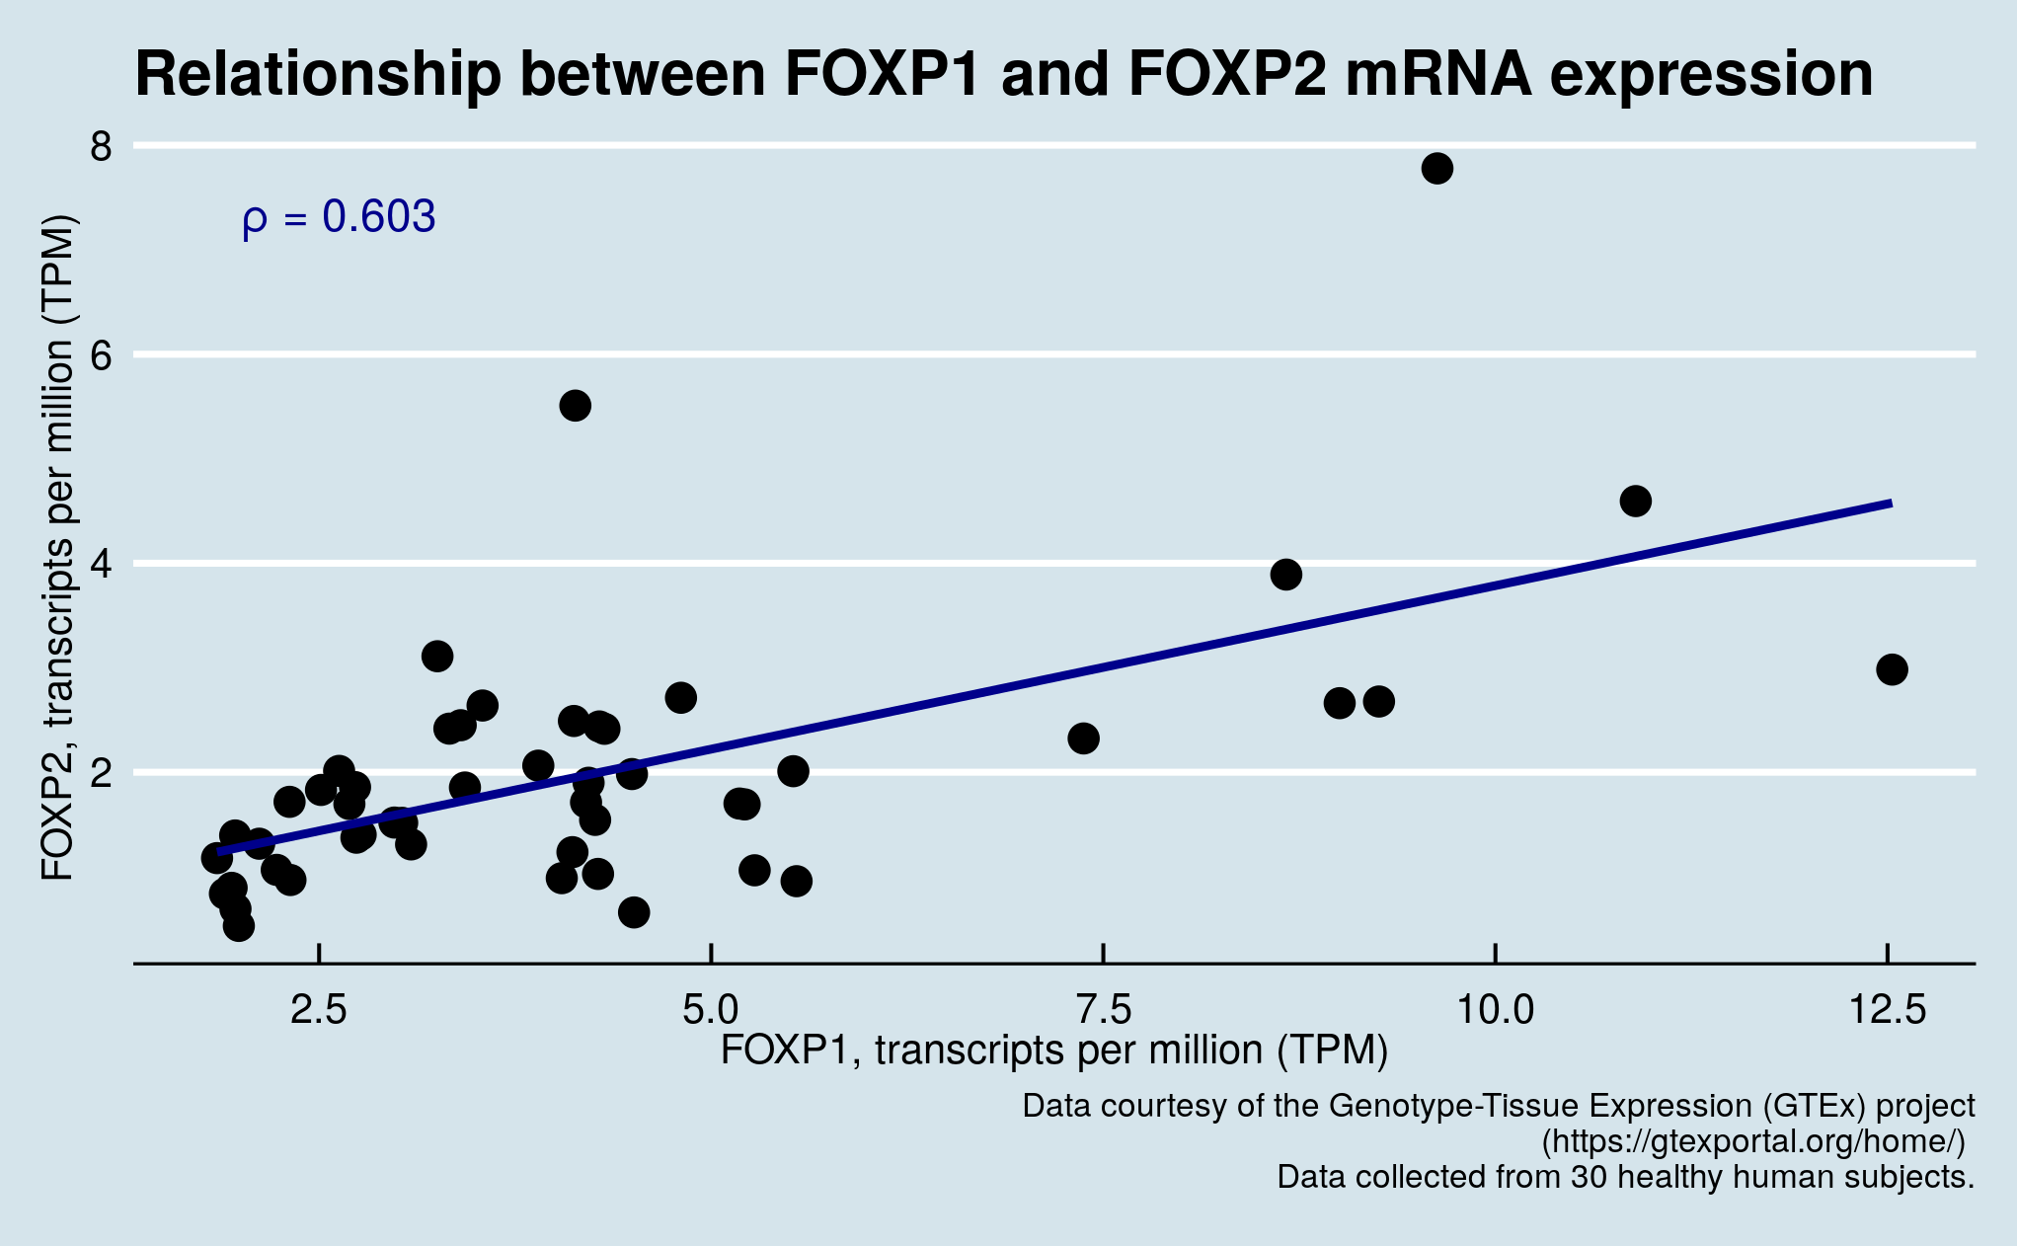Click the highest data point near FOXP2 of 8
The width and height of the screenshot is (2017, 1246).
pos(1436,169)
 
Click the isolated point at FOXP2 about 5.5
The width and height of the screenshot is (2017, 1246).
pos(575,406)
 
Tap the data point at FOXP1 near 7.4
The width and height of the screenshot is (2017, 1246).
pos(1083,739)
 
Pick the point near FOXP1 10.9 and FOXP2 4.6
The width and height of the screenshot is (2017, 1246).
pos(1635,502)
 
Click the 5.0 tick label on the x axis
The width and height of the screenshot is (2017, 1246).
pos(711,1010)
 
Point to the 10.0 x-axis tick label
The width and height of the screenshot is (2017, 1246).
pos(1496,1010)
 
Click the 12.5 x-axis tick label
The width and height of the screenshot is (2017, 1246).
pos(1887,1010)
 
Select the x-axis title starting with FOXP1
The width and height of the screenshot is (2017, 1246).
pos(1053,1051)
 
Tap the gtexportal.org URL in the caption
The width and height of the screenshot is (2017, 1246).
pos(1753,1142)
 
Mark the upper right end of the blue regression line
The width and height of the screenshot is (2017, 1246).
pos(1890,504)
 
